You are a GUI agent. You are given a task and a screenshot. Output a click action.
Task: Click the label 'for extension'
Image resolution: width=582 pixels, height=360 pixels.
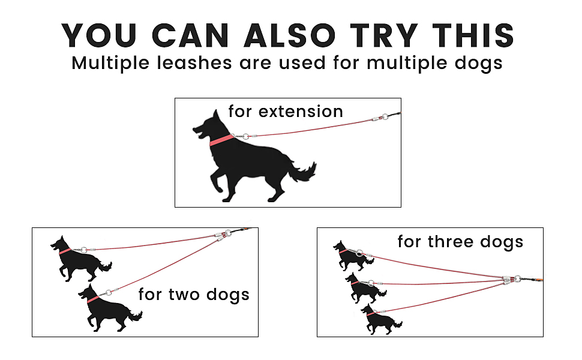click(x=286, y=111)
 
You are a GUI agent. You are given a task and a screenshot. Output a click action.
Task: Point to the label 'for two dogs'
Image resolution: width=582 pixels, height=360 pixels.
click(x=193, y=295)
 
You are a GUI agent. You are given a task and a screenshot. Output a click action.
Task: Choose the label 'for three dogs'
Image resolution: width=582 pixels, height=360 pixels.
click(x=460, y=242)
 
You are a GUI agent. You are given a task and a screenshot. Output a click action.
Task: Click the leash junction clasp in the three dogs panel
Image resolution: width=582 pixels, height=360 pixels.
click(x=511, y=279)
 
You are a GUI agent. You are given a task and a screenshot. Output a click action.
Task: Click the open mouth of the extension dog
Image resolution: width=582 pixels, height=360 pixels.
click(x=197, y=133)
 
